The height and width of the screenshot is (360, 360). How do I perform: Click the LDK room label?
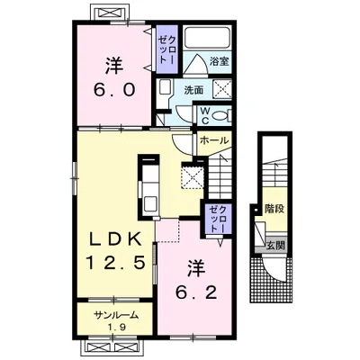(x=116, y=239)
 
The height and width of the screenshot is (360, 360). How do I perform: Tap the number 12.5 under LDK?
(x=116, y=263)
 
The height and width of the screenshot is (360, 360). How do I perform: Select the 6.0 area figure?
(x=113, y=89)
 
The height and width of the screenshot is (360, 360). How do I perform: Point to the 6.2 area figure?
(x=196, y=292)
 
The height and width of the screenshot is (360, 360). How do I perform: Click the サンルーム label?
(x=116, y=315)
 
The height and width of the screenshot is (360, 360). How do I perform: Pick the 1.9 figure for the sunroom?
(x=117, y=326)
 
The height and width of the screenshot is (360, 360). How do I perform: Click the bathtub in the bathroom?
(x=207, y=38)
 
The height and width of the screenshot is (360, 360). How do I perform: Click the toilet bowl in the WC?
(x=220, y=116)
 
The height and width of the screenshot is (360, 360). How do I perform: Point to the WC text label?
(x=205, y=115)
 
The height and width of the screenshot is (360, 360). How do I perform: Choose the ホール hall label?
(x=214, y=139)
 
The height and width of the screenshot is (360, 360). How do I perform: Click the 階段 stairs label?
(x=274, y=208)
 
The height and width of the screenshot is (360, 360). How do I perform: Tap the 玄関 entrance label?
(x=275, y=247)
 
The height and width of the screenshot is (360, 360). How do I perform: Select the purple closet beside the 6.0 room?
(x=167, y=49)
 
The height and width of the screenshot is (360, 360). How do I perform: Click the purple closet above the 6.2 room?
(x=218, y=218)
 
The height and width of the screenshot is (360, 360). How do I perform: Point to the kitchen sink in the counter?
(x=150, y=203)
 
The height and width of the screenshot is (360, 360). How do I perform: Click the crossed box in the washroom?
(x=222, y=89)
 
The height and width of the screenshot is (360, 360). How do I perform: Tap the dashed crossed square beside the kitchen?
(x=193, y=175)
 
